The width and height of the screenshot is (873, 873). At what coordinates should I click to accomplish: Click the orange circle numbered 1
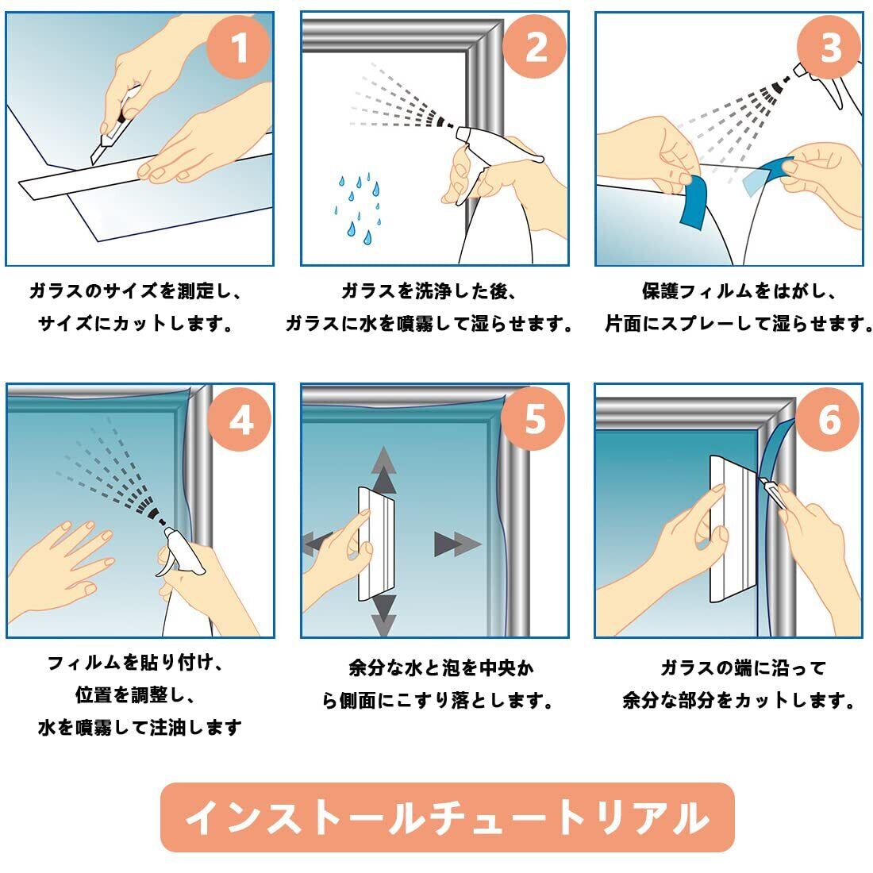(x=239, y=46)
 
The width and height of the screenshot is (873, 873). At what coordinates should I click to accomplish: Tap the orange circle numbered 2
(x=534, y=46)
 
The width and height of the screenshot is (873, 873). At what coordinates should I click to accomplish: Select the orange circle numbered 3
(x=829, y=46)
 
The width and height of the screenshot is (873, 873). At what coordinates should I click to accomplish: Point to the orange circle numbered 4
(x=240, y=419)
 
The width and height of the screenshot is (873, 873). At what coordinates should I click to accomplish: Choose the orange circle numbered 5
(x=533, y=419)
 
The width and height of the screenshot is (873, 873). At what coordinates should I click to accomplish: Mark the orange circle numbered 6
(x=828, y=419)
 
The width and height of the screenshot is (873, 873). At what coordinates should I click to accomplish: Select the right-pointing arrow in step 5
(x=457, y=544)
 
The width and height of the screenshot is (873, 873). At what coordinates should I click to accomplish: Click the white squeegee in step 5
(x=376, y=544)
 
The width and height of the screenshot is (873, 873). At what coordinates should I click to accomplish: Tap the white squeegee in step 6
(x=733, y=529)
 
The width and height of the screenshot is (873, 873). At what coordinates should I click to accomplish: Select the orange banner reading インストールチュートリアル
(x=447, y=817)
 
